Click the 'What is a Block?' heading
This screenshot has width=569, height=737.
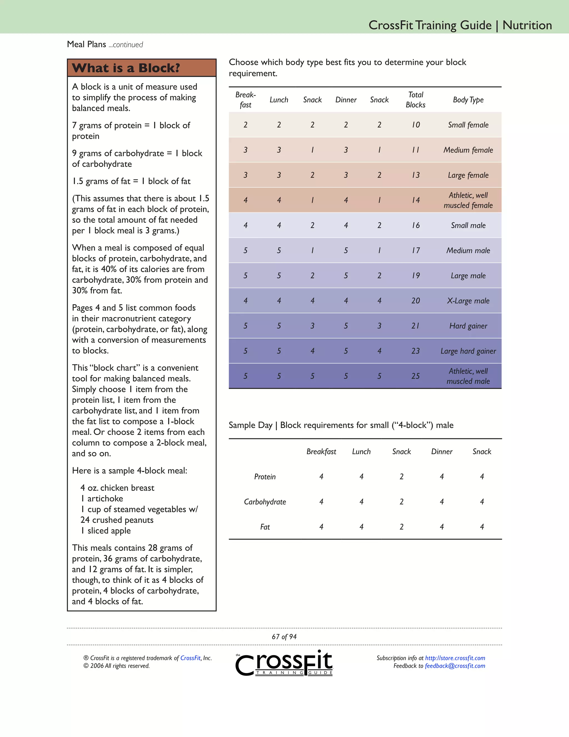click(126, 68)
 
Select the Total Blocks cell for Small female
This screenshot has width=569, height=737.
click(416, 125)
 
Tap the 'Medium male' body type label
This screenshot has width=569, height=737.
click(468, 250)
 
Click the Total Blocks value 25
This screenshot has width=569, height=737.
click(415, 376)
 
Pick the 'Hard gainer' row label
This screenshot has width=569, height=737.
click(468, 326)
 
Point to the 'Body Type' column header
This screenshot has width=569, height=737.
click(468, 100)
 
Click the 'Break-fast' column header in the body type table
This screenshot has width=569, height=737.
click(245, 100)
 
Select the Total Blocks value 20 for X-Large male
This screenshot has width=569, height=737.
click(415, 301)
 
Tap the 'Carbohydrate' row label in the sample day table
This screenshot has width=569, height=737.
click(265, 502)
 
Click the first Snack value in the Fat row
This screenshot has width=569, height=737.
click(401, 527)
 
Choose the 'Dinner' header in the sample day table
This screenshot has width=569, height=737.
click(441, 451)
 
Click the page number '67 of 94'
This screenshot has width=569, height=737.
click(284, 637)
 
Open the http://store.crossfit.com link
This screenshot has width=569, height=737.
click(455, 658)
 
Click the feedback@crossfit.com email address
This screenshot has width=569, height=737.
click(455, 666)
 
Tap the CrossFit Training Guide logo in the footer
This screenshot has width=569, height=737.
click(284, 663)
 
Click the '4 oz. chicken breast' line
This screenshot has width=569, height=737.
click(117, 488)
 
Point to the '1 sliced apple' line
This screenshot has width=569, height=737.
click(106, 531)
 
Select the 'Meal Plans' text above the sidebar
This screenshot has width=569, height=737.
click(87, 44)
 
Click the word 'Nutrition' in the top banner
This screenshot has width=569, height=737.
click(527, 25)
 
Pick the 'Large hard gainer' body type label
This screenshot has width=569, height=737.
click(468, 351)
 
